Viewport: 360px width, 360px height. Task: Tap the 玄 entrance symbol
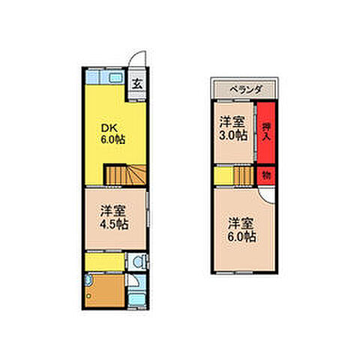click(x=139, y=82)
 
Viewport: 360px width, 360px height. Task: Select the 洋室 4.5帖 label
click(x=115, y=218)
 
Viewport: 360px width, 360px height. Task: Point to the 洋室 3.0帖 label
click(x=232, y=129)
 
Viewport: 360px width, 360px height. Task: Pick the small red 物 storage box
click(x=265, y=175)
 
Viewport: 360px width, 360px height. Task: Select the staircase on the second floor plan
click(x=242, y=175)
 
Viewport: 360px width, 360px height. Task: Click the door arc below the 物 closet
click(x=265, y=193)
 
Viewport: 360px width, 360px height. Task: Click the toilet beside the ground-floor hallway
click(x=136, y=262)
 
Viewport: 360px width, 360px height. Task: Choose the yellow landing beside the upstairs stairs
click(x=222, y=176)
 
